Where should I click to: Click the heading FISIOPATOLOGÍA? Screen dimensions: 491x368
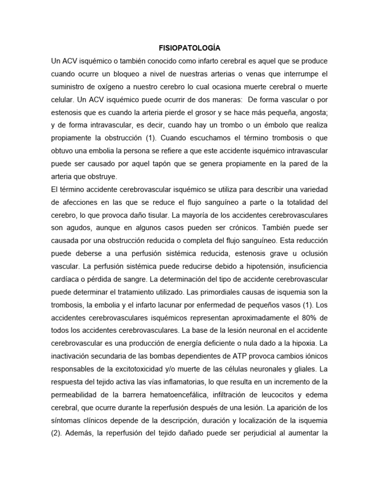[x=189, y=48]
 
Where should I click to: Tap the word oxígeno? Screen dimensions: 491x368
[x=107, y=88]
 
